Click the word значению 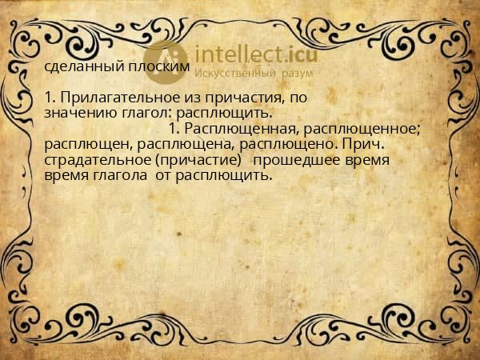pos(75,112)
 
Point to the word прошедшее pos(310,160)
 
